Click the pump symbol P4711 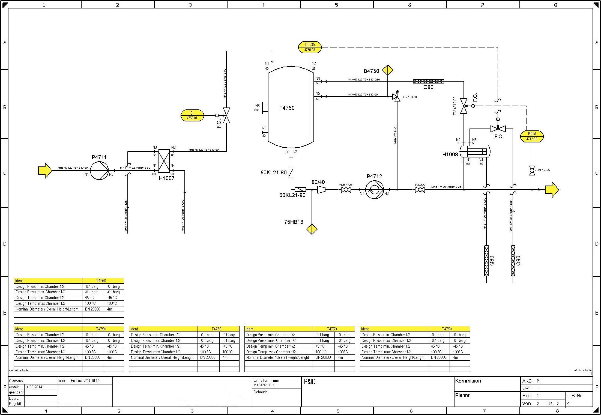pos(99,171)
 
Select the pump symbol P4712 pos(374,190)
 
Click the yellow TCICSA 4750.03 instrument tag pos(310,47)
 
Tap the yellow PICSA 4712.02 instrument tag pos(532,136)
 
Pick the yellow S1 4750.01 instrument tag pos(192,115)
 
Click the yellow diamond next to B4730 pos(388,70)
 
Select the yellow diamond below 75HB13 pos(312,229)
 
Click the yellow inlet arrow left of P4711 pos(45,171)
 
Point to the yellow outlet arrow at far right pos(552,190)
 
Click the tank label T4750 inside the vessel pos(287,108)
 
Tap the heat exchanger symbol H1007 pos(164,161)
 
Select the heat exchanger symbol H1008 pos(475,151)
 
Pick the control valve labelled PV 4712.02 pos(464,106)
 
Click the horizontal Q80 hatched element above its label pos(428,81)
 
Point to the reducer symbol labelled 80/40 pos(321,190)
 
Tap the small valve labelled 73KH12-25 pos(532,171)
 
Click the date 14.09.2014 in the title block pos(33,387)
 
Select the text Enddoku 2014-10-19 pos(85,381)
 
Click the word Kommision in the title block pos(468,381)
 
